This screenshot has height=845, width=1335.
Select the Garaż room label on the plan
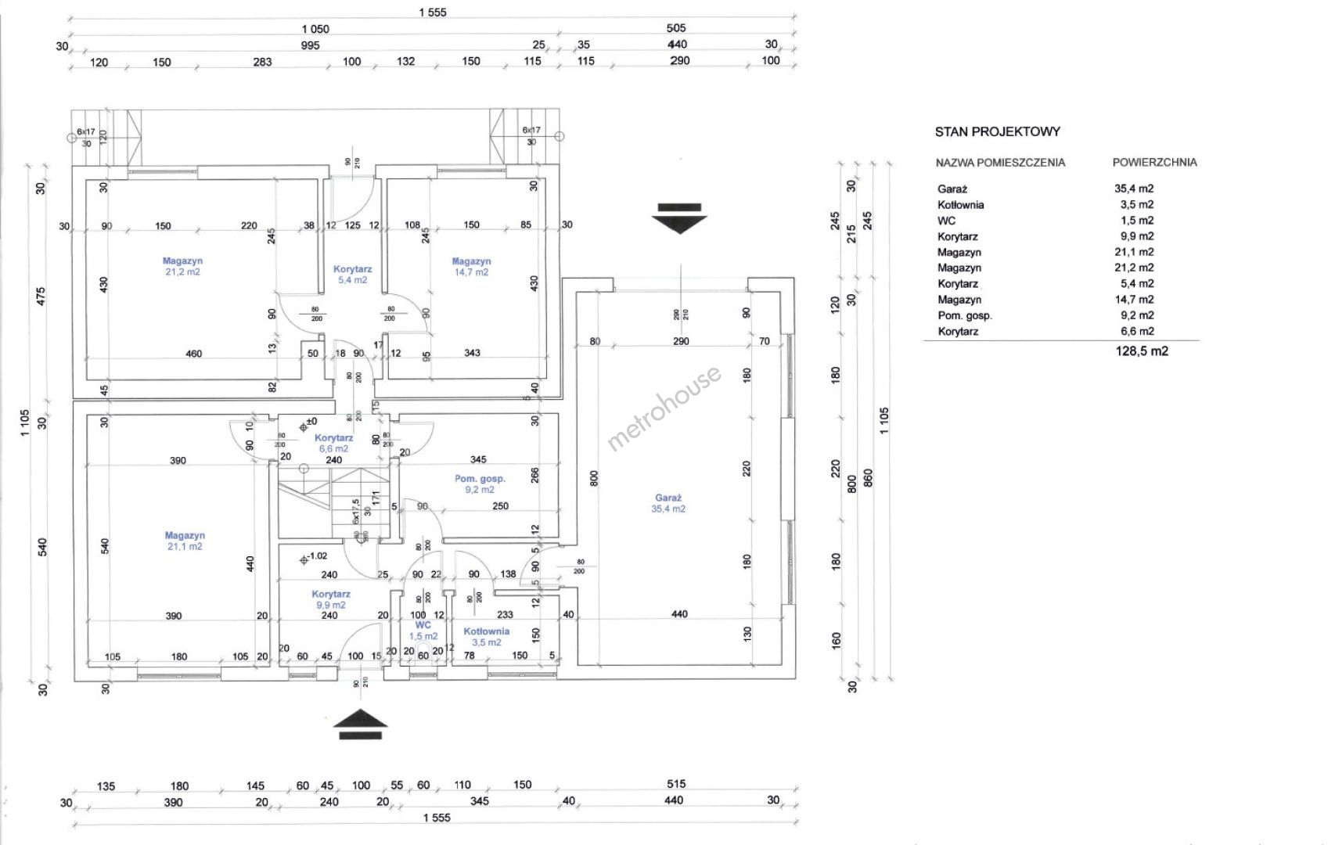tap(668, 498)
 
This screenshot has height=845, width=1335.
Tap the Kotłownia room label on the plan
tap(486, 631)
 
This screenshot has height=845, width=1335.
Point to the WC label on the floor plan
tap(423, 625)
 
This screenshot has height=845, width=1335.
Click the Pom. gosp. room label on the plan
tap(480, 478)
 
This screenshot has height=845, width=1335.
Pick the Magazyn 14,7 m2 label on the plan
tap(471, 261)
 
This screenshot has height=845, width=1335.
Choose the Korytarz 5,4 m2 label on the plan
tap(352, 269)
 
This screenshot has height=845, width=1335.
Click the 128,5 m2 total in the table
tap(1142, 351)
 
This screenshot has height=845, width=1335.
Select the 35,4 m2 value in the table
tap(1134, 189)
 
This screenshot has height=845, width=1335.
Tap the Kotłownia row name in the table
tap(960, 205)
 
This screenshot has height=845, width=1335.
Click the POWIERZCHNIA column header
tap(1154, 163)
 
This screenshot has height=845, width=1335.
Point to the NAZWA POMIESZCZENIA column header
tap(1000, 163)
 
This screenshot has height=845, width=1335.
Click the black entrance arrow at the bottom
tap(360, 724)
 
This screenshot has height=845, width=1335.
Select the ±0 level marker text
tap(311, 422)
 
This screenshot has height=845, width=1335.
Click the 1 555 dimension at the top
tap(432, 13)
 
